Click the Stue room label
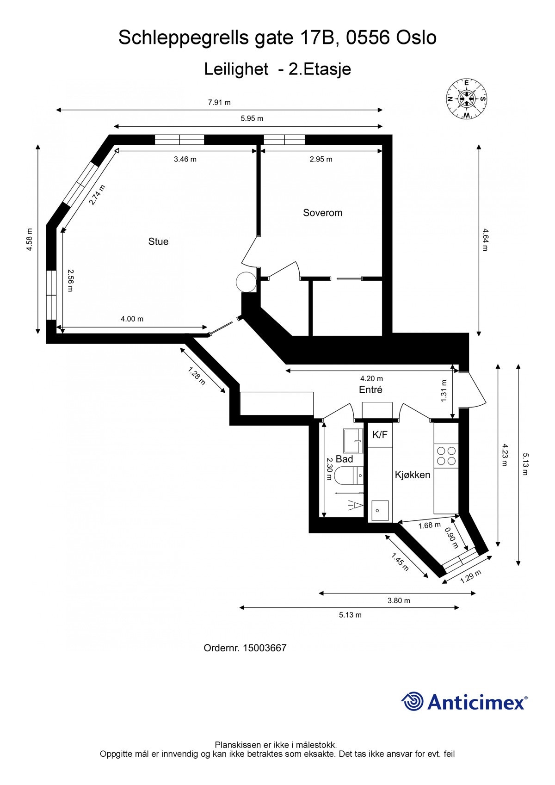[x=158, y=241]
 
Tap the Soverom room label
[x=322, y=213]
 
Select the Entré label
[x=370, y=390]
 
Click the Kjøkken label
[x=412, y=475]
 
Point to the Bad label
[x=344, y=459]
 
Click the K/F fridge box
[x=380, y=435]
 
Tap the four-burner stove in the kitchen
[x=446, y=455]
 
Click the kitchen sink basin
[x=379, y=511]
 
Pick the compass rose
[x=466, y=99]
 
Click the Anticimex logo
[x=464, y=701]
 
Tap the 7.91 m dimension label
[x=219, y=102]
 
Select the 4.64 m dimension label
[x=485, y=239]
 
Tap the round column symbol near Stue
[x=246, y=282]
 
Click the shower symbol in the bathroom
[x=355, y=505]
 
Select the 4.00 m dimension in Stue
[x=132, y=319]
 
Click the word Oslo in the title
[x=416, y=37]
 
